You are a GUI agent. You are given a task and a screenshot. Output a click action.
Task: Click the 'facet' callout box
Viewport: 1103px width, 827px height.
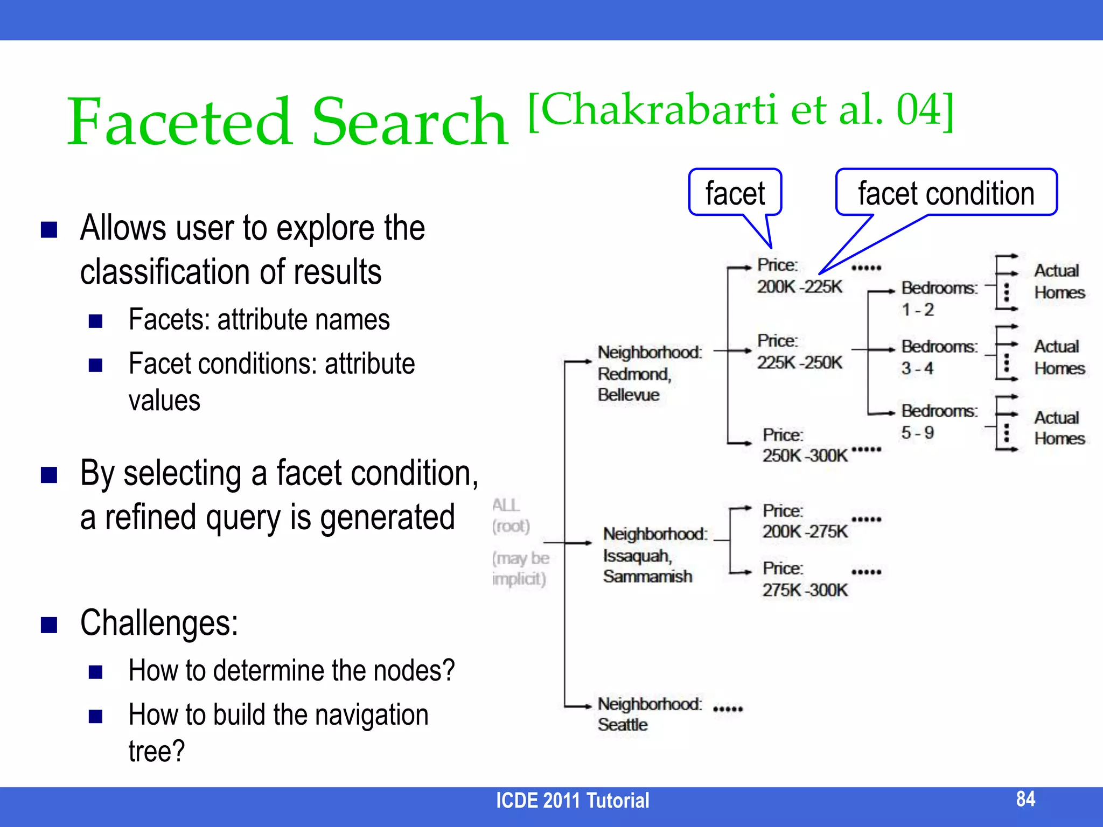[x=735, y=193]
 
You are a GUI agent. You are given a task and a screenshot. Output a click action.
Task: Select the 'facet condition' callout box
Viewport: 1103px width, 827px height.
[x=946, y=193]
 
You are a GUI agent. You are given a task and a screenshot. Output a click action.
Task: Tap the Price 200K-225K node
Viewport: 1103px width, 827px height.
[x=799, y=276]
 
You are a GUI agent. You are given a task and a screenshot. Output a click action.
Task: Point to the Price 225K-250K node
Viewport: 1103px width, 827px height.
[x=799, y=352]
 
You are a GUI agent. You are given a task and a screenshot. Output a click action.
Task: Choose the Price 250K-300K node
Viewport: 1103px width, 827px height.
[x=805, y=445]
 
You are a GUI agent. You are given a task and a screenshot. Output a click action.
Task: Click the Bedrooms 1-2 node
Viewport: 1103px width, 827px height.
[x=939, y=299]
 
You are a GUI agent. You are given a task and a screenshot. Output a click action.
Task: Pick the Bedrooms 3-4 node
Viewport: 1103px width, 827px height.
[x=939, y=358]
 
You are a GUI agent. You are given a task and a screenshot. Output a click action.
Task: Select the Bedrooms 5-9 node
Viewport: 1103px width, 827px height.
[x=939, y=422]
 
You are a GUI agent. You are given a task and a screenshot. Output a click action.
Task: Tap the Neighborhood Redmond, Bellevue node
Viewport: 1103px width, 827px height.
[x=650, y=374]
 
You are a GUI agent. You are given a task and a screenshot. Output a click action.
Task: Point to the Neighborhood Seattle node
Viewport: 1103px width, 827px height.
[x=649, y=714]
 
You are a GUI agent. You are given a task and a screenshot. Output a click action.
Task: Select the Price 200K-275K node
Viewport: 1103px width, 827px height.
[x=805, y=521]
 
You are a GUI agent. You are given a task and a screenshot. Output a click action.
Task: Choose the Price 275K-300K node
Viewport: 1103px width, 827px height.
[x=805, y=579]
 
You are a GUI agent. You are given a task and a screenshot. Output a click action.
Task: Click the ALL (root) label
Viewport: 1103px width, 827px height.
[x=511, y=516]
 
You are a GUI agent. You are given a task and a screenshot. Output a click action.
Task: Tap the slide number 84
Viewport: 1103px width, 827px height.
[x=1025, y=799]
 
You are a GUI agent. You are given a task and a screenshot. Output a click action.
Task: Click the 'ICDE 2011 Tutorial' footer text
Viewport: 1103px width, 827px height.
[x=573, y=801]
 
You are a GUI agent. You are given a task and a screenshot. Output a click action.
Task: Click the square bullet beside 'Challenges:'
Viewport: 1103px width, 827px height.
[x=49, y=625]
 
